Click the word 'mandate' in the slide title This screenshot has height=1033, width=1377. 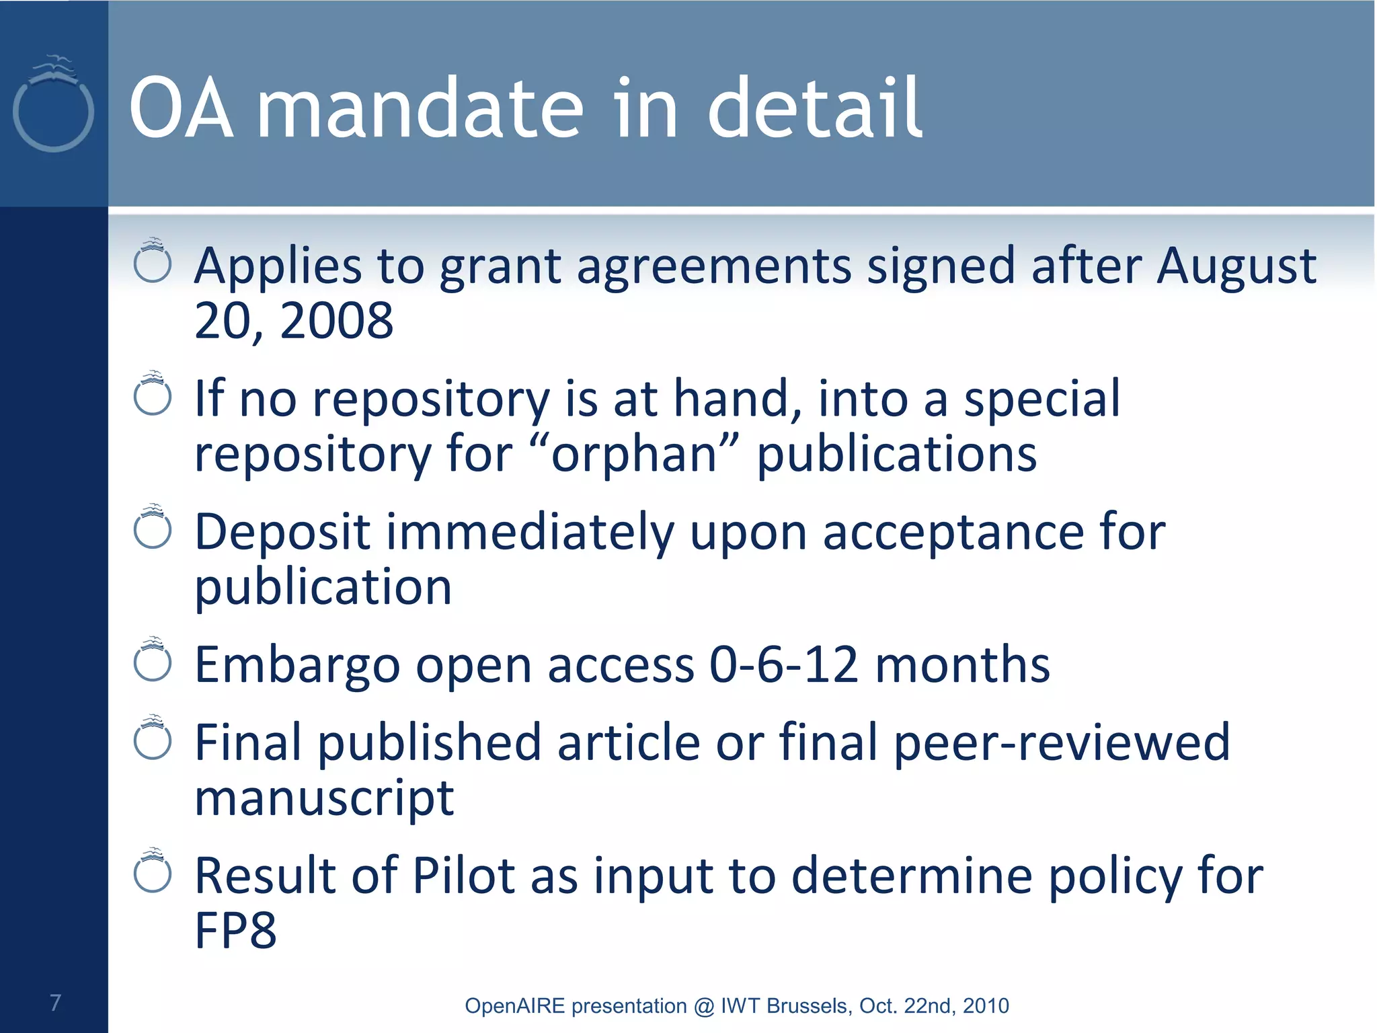[x=420, y=109]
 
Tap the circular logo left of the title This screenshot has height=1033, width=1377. [x=53, y=108]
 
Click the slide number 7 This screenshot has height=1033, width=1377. [x=55, y=1002]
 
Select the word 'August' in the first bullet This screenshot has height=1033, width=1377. [x=1236, y=266]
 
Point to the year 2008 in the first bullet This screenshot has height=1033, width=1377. [x=336, y=320]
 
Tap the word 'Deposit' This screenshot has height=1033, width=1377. [x=282, y=532]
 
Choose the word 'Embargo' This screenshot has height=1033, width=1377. [x=297, y=664]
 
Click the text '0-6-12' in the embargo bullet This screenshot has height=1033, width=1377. [x=783, y=664]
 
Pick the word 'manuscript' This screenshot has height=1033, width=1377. [x=324, y=798]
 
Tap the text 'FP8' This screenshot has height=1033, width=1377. [x=235, y=930]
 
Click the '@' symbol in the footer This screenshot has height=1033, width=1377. [x=703, y=1006]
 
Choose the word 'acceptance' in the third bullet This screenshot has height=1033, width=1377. [x=953, y=532]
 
